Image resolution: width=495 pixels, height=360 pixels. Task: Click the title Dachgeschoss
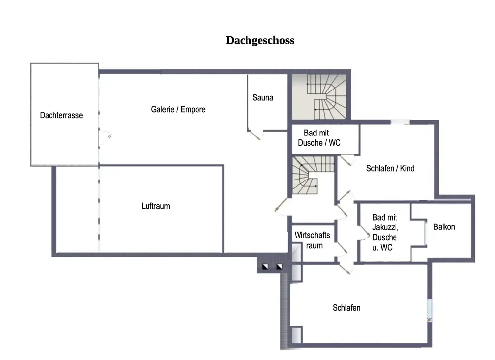point(260,41)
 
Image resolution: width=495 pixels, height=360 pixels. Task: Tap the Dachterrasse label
point(61,115)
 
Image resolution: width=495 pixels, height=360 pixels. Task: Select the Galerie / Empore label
point(178,109)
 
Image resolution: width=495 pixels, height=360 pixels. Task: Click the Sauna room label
point(263,97)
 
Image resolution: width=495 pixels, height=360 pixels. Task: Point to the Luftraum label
point(155,206)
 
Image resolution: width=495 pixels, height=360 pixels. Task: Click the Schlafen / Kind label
point(390,168)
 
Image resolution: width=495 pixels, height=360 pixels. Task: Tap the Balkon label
point(444,227)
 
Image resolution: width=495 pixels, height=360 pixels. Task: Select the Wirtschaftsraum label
point(312,240)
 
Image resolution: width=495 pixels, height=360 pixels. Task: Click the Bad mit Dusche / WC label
point(319,138)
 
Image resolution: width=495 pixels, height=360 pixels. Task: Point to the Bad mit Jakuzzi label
point(385,232)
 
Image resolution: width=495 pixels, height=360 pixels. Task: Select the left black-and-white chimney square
point(266,267)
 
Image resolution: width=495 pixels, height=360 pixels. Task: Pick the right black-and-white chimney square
point(279,267)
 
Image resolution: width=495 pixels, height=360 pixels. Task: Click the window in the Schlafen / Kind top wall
point(400,122)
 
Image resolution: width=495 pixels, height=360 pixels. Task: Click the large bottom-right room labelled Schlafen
point(346,308)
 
